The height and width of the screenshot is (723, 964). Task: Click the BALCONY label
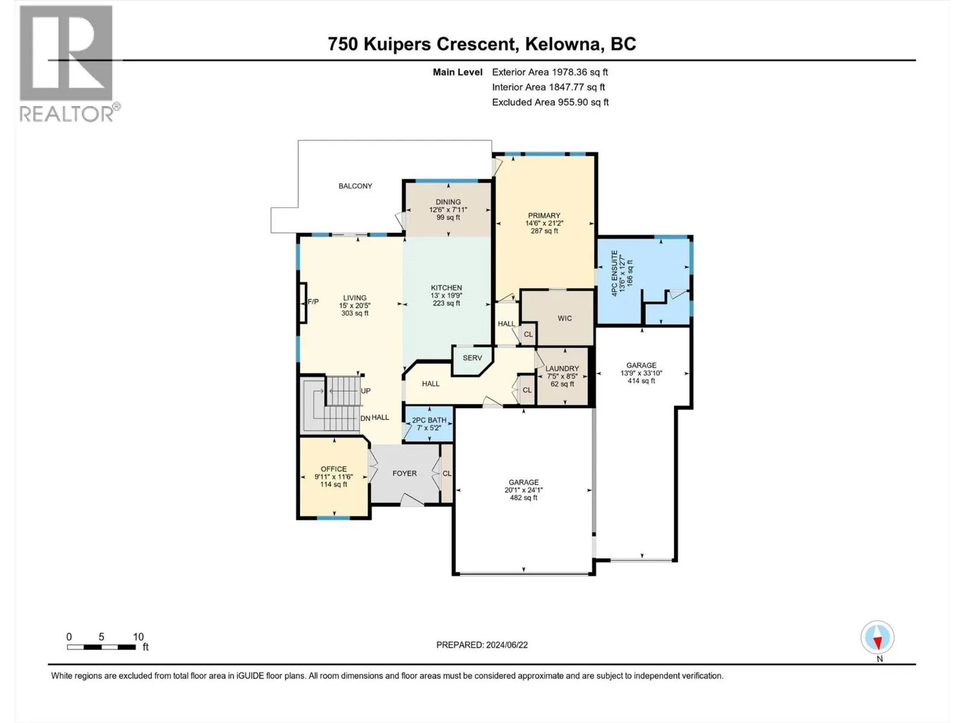tap(355, 186)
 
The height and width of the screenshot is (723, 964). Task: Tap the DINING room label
tap(448, 202)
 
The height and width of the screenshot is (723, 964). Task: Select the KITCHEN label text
tap(446, 288)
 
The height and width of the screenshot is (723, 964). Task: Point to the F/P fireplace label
tap(313, 302)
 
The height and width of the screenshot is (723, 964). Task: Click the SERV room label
tap(472, 358)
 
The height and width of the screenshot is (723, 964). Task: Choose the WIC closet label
tap(565, 318)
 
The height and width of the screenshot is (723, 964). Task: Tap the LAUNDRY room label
tap(562, 369)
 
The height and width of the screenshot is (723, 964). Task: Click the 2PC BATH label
tap(429, 420)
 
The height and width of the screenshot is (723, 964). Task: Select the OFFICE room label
tap(333, 469)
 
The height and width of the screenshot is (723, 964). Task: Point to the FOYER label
tap(404, 473)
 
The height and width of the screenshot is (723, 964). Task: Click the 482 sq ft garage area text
tap(524, 498)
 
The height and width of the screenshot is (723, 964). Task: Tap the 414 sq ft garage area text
tap(641, 381)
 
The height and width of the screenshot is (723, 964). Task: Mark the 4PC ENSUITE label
tap(615, 273)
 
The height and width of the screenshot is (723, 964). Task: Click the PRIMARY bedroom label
tap(544, 216)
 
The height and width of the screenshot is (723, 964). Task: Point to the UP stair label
tap(365, 390)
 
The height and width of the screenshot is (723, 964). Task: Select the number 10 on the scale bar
tap(139, 636)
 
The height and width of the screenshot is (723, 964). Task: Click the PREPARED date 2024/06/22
tap(506, 645)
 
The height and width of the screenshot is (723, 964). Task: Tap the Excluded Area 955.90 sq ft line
tap(550, 102)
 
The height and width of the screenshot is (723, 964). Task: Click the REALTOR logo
tap(69, 64)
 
